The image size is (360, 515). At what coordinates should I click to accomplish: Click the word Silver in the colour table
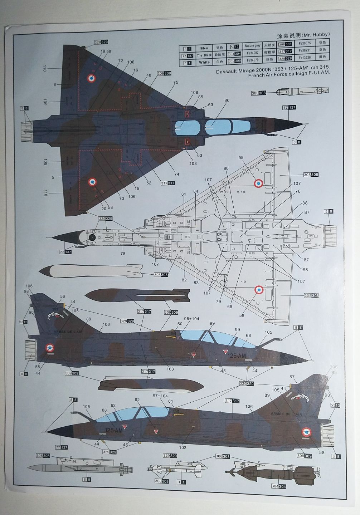[x=204, y=48]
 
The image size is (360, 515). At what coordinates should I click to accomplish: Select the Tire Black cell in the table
[x=204, y=55]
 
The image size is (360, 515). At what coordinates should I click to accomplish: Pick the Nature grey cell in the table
[x=252, y=46]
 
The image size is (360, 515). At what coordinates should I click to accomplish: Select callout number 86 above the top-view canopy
[x=227, y=101]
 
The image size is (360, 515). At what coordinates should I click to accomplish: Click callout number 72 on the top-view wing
[x=121, y=61]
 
